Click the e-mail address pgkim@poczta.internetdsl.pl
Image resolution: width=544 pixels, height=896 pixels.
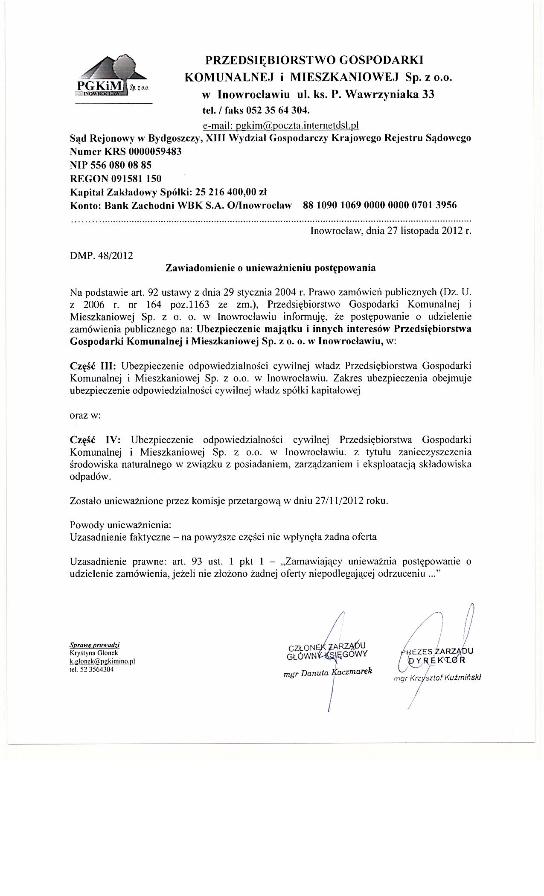[281, 125]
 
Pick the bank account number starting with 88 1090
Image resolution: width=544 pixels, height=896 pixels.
[379, 205]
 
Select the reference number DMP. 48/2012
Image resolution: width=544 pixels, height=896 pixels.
[101, 256]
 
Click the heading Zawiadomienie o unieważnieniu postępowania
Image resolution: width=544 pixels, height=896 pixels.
[271, 268]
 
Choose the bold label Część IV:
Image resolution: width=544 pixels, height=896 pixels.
[95, 439]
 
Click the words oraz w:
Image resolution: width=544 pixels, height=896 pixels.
[85, 416]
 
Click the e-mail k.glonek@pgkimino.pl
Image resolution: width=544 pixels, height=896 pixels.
[102, 661]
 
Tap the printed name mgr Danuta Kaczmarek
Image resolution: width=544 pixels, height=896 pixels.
[327, 673]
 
